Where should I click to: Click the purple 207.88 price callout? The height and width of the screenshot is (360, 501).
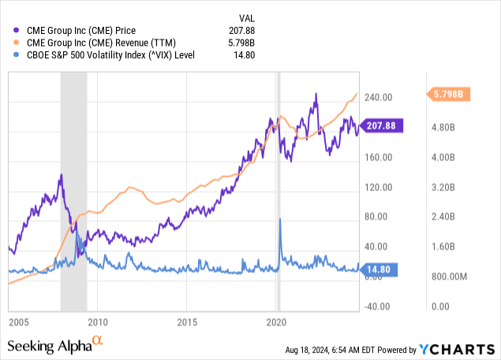tap(382, 125)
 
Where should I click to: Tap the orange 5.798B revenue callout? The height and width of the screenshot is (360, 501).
tap(450, 94)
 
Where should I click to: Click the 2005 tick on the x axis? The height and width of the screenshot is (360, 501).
tap(19, 322)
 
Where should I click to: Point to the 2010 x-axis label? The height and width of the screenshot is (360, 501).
tap(97, 322)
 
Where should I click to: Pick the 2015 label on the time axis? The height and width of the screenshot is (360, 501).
tap(186, 322)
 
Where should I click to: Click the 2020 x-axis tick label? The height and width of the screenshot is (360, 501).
tap(276, 322)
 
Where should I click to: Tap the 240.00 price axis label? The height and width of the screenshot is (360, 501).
tap(378, 98)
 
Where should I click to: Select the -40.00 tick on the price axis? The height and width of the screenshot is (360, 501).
tap(378, 307)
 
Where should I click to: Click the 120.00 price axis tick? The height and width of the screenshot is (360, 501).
tap(378, 187)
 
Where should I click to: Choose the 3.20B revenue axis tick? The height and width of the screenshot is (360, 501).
tap(445, 187)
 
